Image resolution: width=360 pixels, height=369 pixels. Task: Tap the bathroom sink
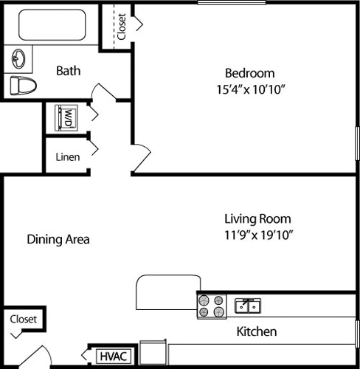click(20, 58)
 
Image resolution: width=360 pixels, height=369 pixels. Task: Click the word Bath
click(69, 71)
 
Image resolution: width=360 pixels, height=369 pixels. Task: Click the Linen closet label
click(68, 156)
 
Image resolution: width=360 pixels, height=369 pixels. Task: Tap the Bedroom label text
click(249, 73)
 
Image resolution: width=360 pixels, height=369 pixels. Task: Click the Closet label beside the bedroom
click(121, 27)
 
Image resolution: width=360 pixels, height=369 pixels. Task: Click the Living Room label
click(257, 219)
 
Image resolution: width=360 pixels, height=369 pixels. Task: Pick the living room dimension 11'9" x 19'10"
click(259, 235)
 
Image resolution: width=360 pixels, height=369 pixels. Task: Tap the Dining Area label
click(58, 239)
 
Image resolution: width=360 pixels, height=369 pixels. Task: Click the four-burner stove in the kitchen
click(212, 306)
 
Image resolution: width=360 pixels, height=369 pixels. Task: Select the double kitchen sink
click(247, 305)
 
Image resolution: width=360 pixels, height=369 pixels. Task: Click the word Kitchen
click(256, 331)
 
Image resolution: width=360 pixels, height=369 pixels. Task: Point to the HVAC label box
click(114, 356)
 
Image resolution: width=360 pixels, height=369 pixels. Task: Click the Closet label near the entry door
click(24, 320)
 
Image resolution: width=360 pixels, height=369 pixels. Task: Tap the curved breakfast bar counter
click(166, 293)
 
